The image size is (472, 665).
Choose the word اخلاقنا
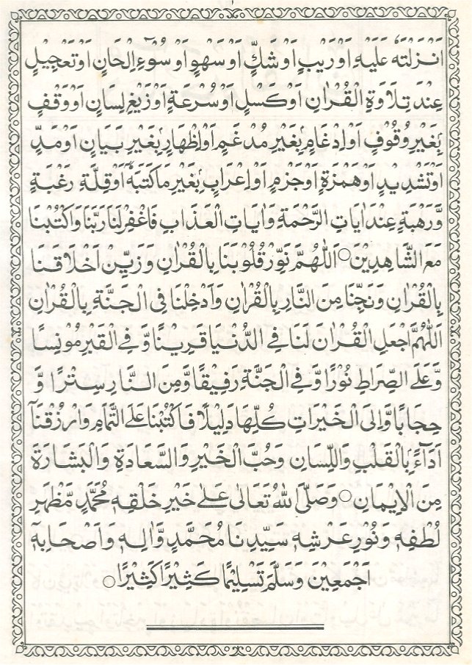coord(54,261)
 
